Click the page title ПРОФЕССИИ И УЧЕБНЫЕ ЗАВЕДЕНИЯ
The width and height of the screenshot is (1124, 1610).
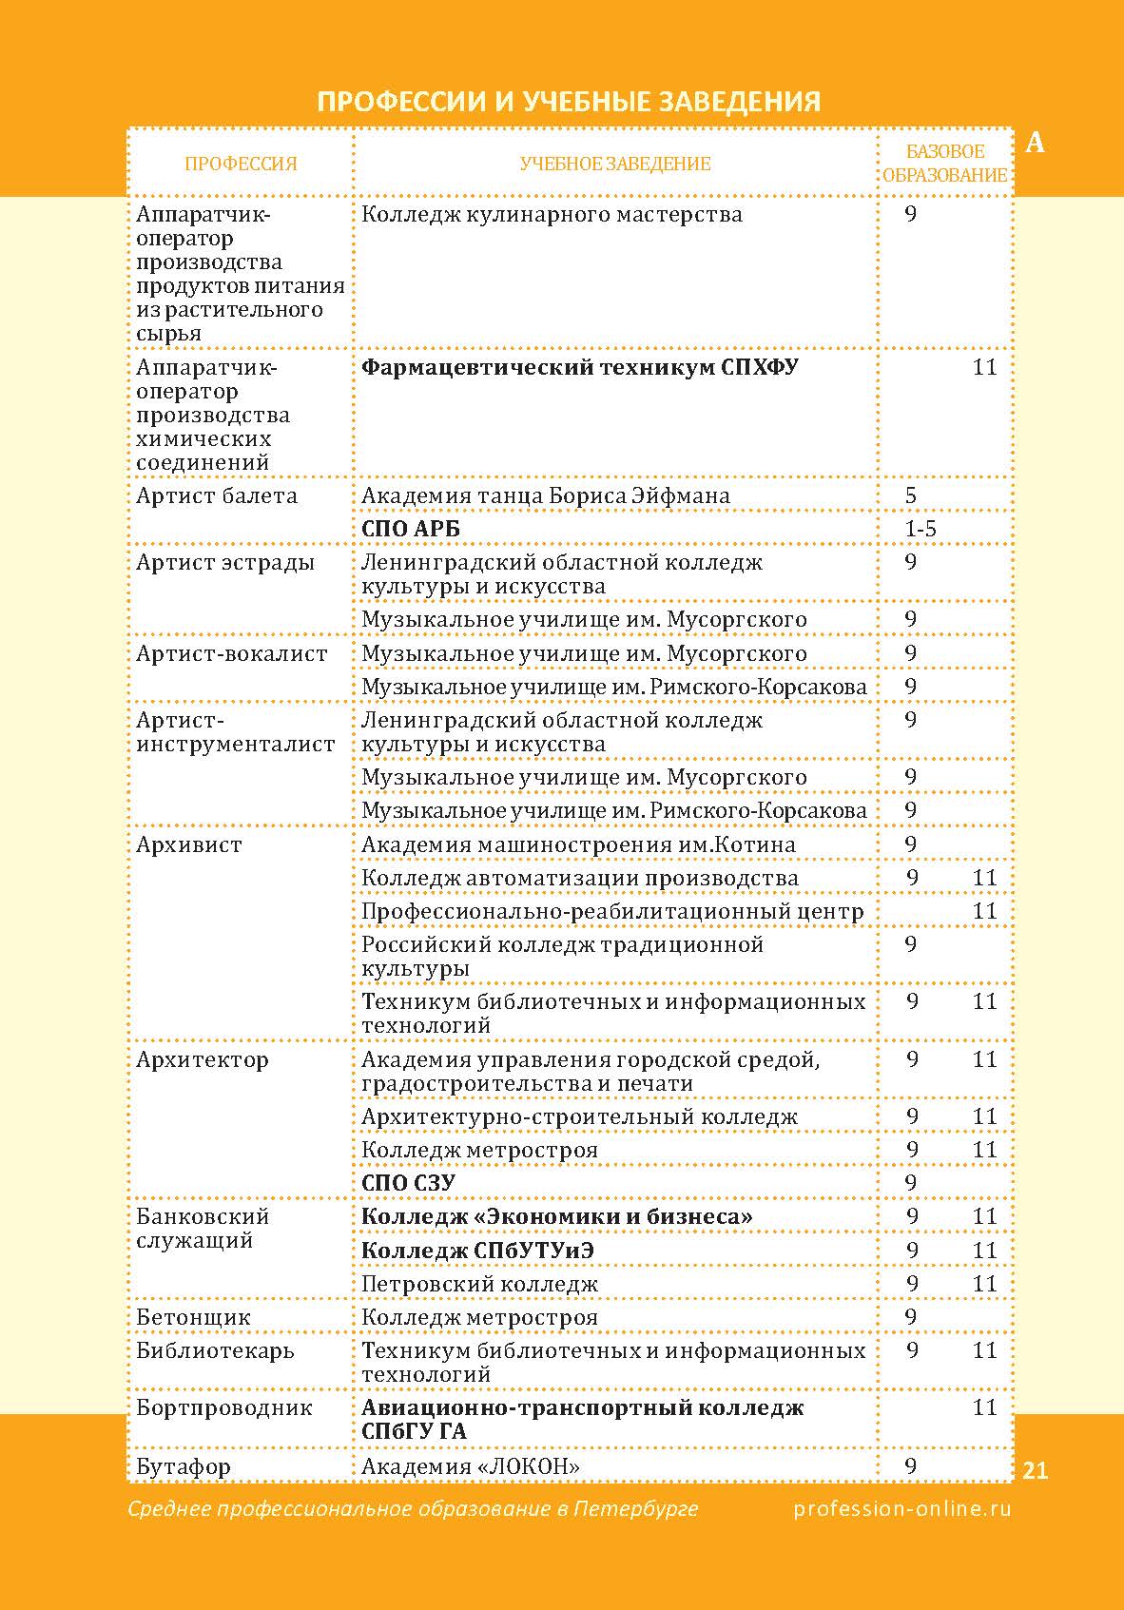pyautogui.click(x=568, y=102)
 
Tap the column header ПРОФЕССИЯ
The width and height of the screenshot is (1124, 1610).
pyautogui.click(x=241, y=164)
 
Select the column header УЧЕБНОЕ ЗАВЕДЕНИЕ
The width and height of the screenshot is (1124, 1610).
pyautogui.click(x=615, y=164)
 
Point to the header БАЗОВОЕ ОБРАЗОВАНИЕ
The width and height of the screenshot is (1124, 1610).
pyautogui.click(x=944, y=164)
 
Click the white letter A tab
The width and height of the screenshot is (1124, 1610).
pyautogui.click(x=1036, y=143)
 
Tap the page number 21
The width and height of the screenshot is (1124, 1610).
pyautogui.click(x=1036, y=1470)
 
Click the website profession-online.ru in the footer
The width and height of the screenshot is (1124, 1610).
pyautogui.click(x=902, y=1508)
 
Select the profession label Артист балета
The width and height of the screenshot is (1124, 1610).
pyautogui.click(x=217, y=495)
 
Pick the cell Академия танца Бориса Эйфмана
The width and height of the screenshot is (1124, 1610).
pyautogui.click(x=546, y=495)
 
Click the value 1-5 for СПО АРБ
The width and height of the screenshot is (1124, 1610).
pyautogui.click(x=921, y=529)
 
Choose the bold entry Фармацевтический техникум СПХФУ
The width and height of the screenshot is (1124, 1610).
pyautogui.click(x=579, y=367)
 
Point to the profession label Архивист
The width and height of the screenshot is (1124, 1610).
pyautogui.click(x=189, y=844)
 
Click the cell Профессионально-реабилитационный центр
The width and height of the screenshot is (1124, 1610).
pyautogui.click(x=612, y=911)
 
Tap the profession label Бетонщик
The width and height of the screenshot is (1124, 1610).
pyautogui.click(x=193, y=1317)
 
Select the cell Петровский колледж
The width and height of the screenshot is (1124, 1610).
pyautogui.click(x=480, y=1284)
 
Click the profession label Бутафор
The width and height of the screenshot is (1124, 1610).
pyautogui.click(x=184, y=1466)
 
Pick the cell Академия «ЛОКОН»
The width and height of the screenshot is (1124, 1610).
pyautogui.click(x=471, y=1466)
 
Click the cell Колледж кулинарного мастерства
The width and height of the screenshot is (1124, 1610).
pyautogui.click(x=552, y=214)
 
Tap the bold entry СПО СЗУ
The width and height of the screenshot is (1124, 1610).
pyautogui.click(x=408, y=1183)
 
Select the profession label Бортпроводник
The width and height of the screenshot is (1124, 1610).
pyautogui.click(x=224, y=1407)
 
